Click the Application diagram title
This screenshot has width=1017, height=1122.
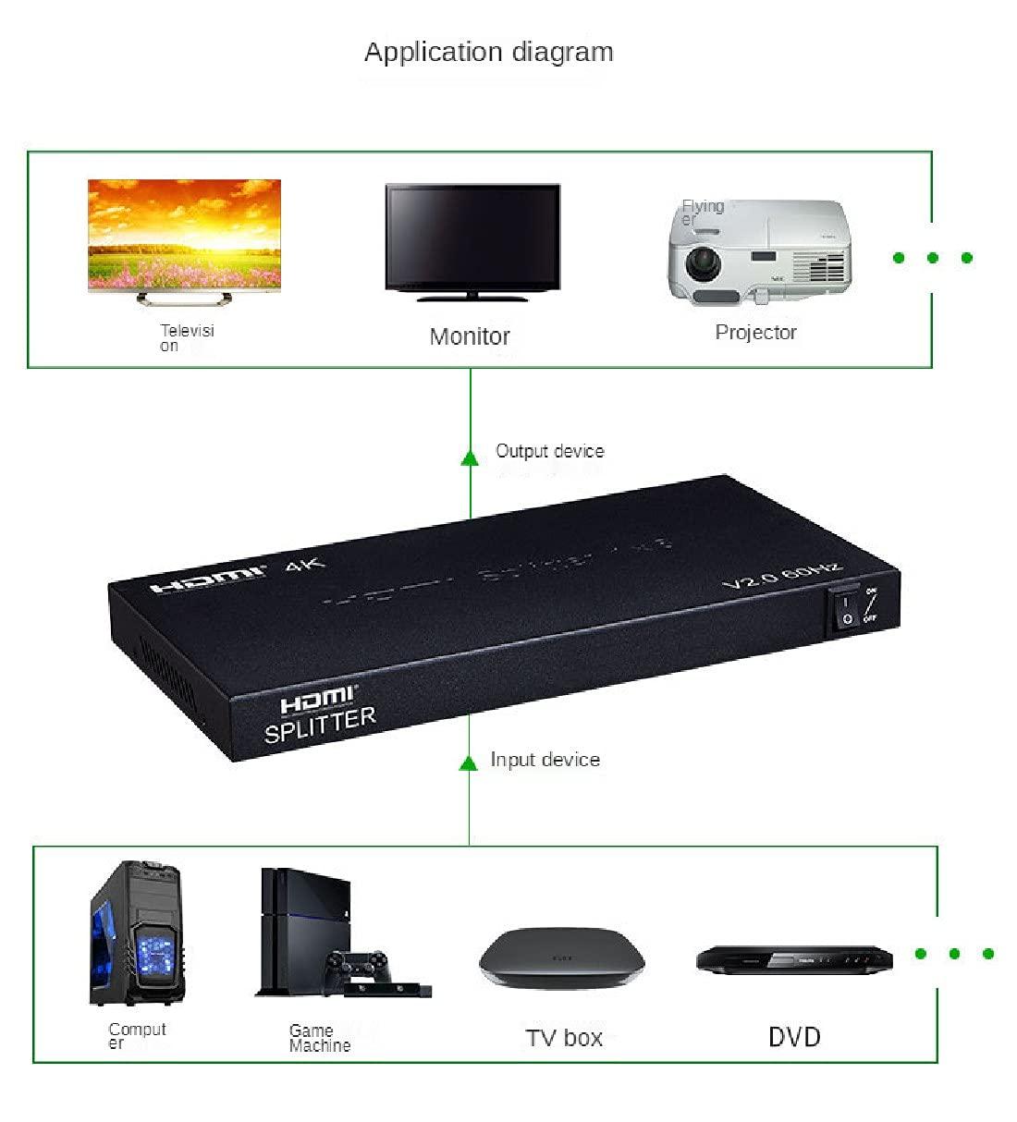pos(488,52)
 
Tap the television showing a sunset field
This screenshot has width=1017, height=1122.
pos(184,236)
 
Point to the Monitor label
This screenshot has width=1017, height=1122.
pos(470,336)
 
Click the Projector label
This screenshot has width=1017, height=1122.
pos(755,332)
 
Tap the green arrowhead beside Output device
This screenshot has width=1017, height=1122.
pos(470,457)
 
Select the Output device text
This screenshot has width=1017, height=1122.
pos(549,451)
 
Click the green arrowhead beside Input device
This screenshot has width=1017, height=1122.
pos(469,762)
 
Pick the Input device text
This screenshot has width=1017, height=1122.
pos(545,760)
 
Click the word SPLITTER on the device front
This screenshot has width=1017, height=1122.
pos(320,725)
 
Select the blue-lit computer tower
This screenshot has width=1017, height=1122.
pos(137,933)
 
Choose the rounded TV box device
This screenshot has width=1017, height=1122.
pos(561,958)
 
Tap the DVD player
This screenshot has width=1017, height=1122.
pos(794,959)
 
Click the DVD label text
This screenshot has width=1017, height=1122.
pos(794,1036)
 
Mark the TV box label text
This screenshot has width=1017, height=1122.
pos(564,1038)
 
